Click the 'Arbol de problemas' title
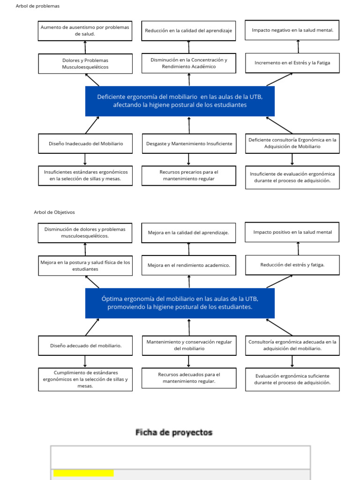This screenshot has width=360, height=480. [37, 6]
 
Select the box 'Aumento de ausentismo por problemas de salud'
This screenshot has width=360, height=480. [85, 30]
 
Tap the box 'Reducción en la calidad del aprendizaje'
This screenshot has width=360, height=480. [188, 30]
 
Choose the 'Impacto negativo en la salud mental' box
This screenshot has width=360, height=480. [292, 30]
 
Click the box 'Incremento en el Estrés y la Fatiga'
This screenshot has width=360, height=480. [292, 63]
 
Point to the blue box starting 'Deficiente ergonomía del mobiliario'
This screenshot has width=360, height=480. [180, 101]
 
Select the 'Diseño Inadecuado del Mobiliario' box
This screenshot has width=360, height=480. [85, 143]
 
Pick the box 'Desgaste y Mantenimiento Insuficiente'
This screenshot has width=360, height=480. [188, 143]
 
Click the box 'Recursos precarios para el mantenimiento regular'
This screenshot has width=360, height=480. [188, 175]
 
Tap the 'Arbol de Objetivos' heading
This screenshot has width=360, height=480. [54, 212]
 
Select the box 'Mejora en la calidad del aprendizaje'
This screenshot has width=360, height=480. [188, 232]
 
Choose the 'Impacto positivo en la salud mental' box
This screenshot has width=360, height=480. [292, 232]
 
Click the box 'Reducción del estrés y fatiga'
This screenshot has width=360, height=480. [292, 265]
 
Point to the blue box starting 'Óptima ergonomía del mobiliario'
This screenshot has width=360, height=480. [180, 303]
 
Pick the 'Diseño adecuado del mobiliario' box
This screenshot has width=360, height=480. [85, 345]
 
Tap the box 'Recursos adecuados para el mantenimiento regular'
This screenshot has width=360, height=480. [188, 378]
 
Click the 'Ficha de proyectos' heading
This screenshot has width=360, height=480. [174, 432]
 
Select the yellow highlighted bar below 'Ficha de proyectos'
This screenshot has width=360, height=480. [83, 473]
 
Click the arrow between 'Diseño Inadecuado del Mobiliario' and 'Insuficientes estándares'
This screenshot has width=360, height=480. [85, 159]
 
